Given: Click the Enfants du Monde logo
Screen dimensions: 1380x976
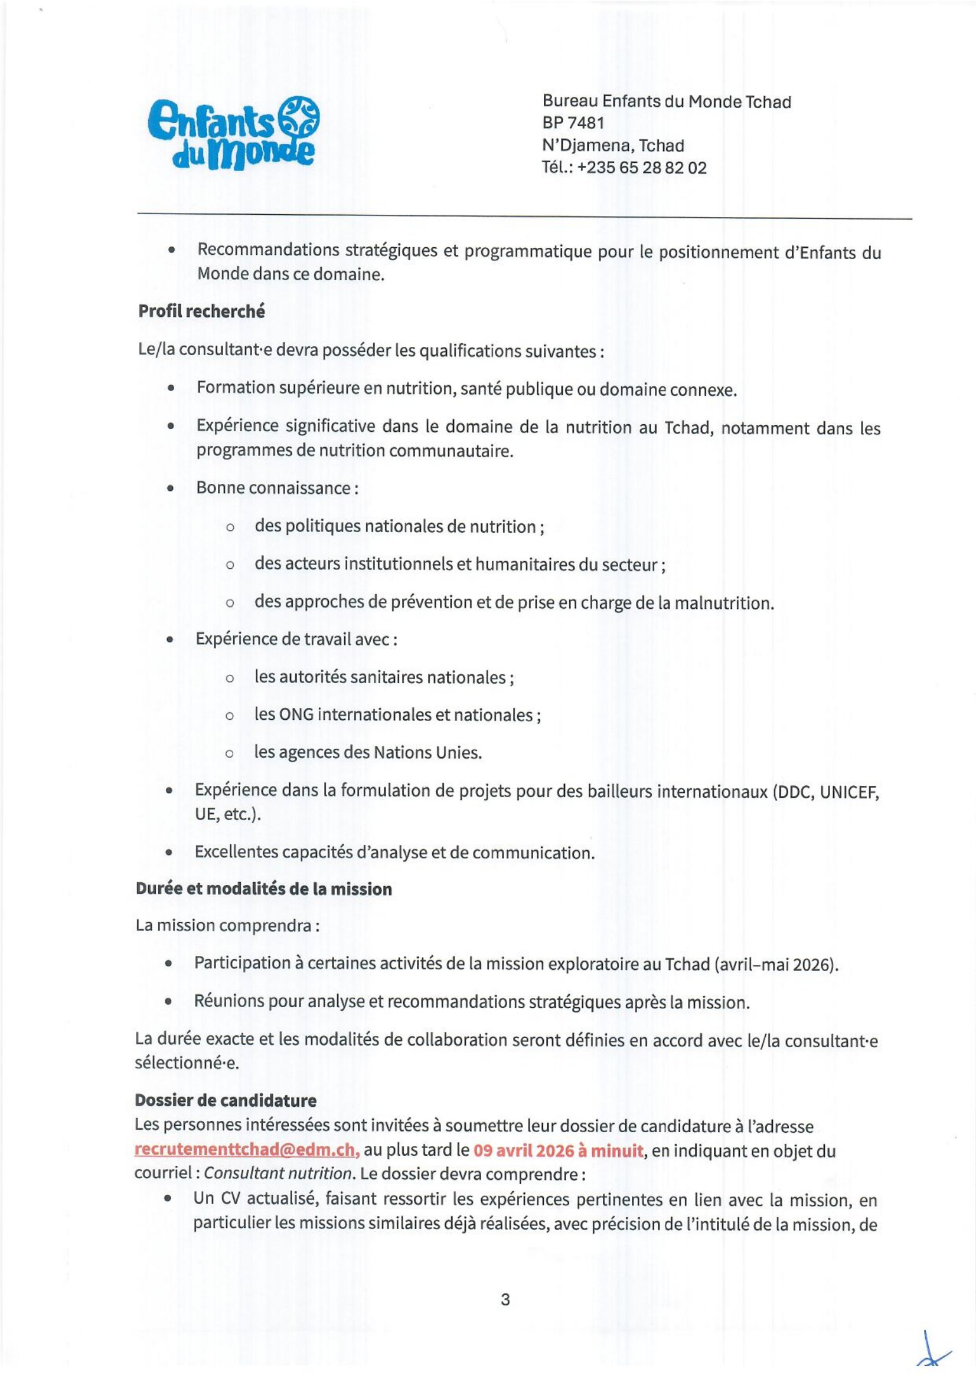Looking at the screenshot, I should (233, 133).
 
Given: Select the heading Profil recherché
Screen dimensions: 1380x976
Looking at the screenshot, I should (201, 312).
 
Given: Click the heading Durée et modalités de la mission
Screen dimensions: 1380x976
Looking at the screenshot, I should (263, 889).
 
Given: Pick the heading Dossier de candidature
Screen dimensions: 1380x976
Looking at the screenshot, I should (226, 1100).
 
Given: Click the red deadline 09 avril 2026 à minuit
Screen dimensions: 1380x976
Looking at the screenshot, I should (558, 1150).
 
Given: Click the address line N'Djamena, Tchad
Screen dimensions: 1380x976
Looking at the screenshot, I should (613, 146).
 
